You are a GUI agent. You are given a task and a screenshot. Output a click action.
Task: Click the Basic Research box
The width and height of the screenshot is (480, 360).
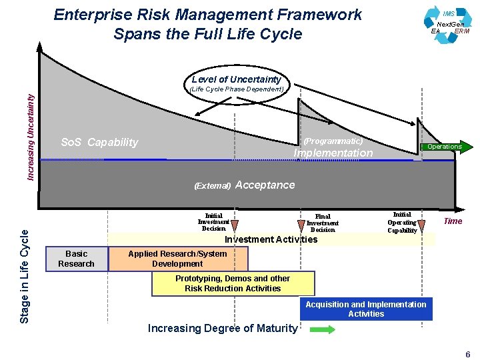tap(76, 259)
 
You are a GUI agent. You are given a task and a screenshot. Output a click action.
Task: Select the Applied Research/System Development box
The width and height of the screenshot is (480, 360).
tap(177, 259)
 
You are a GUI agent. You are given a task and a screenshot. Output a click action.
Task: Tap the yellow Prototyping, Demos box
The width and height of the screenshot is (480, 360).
tap(233, 283)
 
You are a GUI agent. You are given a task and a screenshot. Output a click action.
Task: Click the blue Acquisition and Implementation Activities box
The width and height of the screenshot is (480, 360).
tap(365, 309)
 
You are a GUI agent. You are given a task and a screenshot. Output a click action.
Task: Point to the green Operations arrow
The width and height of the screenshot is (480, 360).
tap(446, 147)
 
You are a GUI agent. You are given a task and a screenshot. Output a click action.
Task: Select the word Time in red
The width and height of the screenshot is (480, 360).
tap(453, 221)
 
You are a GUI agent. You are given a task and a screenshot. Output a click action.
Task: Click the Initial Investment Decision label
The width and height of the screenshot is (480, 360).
tap(213, 222)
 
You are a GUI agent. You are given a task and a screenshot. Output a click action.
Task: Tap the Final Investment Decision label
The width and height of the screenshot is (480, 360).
tap(323, 223)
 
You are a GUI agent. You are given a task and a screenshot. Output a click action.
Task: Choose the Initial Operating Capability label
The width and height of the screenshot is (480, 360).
tap(402, 222)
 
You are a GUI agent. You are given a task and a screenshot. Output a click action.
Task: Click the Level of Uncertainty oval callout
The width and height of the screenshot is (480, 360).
tap(237, 83)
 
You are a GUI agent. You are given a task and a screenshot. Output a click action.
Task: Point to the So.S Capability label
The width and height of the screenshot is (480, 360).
tap(99, 142)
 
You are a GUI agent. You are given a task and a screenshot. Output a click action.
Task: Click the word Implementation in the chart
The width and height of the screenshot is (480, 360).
tap(333, 153)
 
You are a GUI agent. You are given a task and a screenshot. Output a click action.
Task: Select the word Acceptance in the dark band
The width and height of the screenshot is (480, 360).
tap(265, 185)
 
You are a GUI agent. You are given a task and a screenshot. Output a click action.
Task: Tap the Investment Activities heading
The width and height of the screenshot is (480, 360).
tap(271, 239)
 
